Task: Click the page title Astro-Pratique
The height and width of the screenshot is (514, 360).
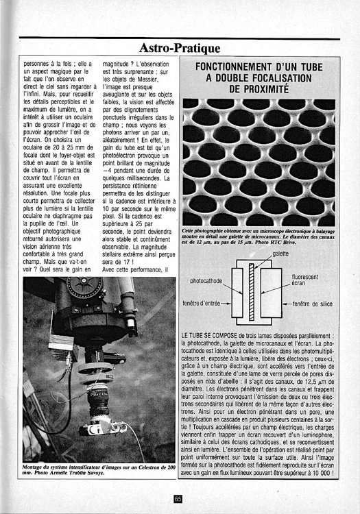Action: pyautogui.click(x=179, y=48)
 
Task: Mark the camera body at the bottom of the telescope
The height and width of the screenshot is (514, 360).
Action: pyautogui.click(x=95, y=428)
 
